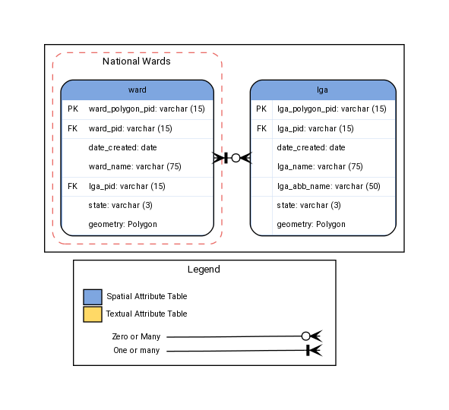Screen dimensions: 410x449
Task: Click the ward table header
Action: (137, 90)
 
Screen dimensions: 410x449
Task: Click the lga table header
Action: (323, 90)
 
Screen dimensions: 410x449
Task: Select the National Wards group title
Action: (136, 61)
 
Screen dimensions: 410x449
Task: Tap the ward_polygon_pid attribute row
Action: (147, 109)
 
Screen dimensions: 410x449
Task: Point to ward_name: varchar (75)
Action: (134, 166)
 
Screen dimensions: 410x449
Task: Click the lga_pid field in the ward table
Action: (127, 185)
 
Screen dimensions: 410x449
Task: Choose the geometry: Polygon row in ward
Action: (122, 224)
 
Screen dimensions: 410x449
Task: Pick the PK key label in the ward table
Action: (73, 109)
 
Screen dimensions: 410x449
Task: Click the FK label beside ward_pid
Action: (73, 128)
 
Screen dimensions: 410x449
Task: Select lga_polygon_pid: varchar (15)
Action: (331, 109)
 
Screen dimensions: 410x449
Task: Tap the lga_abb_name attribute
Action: (328, 185)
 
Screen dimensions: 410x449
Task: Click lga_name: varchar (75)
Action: (319, 166)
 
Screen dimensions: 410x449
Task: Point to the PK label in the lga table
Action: (261, 109)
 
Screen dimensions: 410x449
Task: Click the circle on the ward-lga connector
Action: (236, 158)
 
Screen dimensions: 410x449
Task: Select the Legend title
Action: (204, 270)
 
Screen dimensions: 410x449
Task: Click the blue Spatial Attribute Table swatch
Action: (92, 297)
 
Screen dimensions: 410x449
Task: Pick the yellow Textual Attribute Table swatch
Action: (92, 314)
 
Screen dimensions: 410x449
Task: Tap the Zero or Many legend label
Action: (136, 336)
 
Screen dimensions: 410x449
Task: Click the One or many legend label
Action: (136, 351)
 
